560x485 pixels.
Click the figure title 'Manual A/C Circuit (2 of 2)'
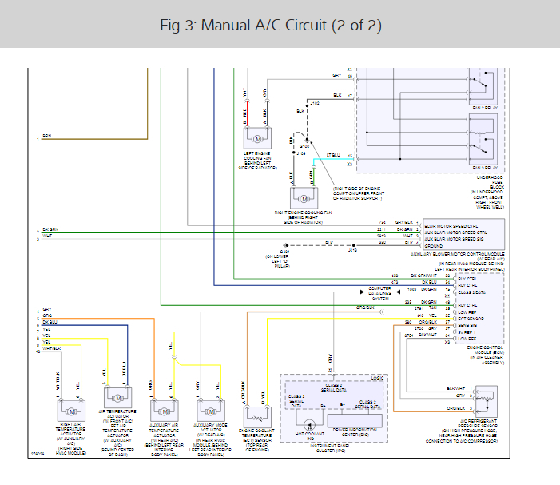point(272,26)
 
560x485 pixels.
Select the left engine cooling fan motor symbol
point(258,137)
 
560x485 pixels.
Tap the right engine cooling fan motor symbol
point(304,197)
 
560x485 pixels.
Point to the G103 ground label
point(304,147)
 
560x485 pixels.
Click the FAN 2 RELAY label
point(485,107)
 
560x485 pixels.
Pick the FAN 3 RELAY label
point(485,168)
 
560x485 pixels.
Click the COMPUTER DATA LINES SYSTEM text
point(379,293)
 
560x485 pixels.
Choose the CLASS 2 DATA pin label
point(473,292)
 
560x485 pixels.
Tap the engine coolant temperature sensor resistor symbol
point(257,416)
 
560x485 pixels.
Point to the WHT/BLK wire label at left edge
point(50,348)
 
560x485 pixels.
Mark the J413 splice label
point(352,249)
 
